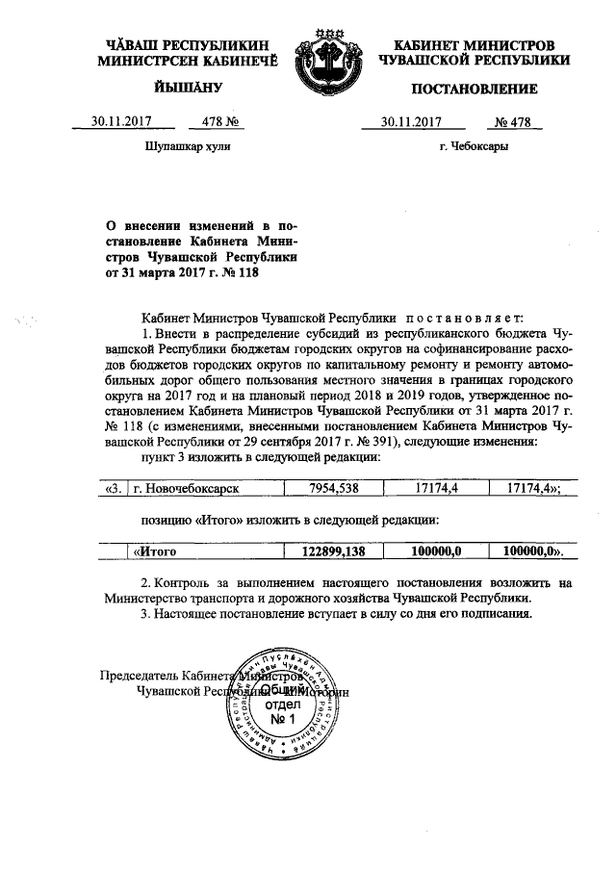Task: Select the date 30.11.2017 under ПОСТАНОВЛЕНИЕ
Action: point(410,122)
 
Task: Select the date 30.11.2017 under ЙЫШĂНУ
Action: point(120,122)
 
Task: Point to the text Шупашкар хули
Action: point(187,147)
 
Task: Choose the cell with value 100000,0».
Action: point(526,551)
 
